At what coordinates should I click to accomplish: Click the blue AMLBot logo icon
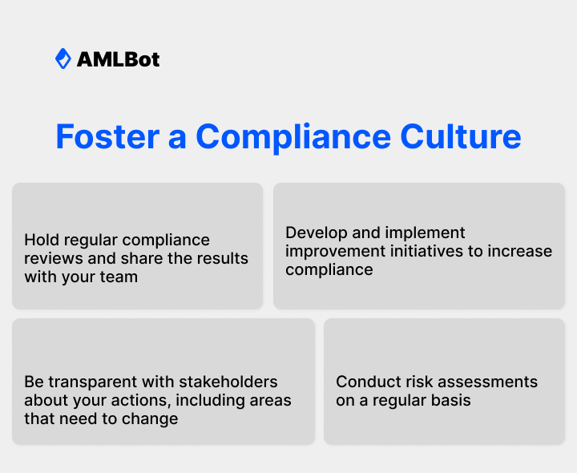point(63,59)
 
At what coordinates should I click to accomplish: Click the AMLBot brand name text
point(118,59)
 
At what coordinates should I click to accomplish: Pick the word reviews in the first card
point(50,258)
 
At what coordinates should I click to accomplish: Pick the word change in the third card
point(153,418)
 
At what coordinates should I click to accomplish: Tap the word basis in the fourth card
point(450,400)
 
